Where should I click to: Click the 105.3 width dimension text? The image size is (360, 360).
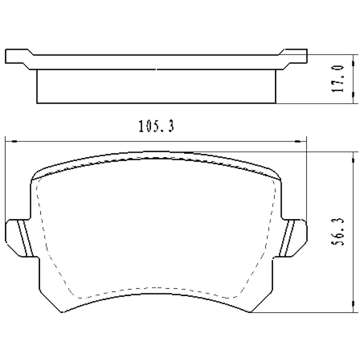[156, 127]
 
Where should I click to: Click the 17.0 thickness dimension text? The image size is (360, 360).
[339, 79]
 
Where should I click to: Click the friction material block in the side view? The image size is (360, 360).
[156, 86]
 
